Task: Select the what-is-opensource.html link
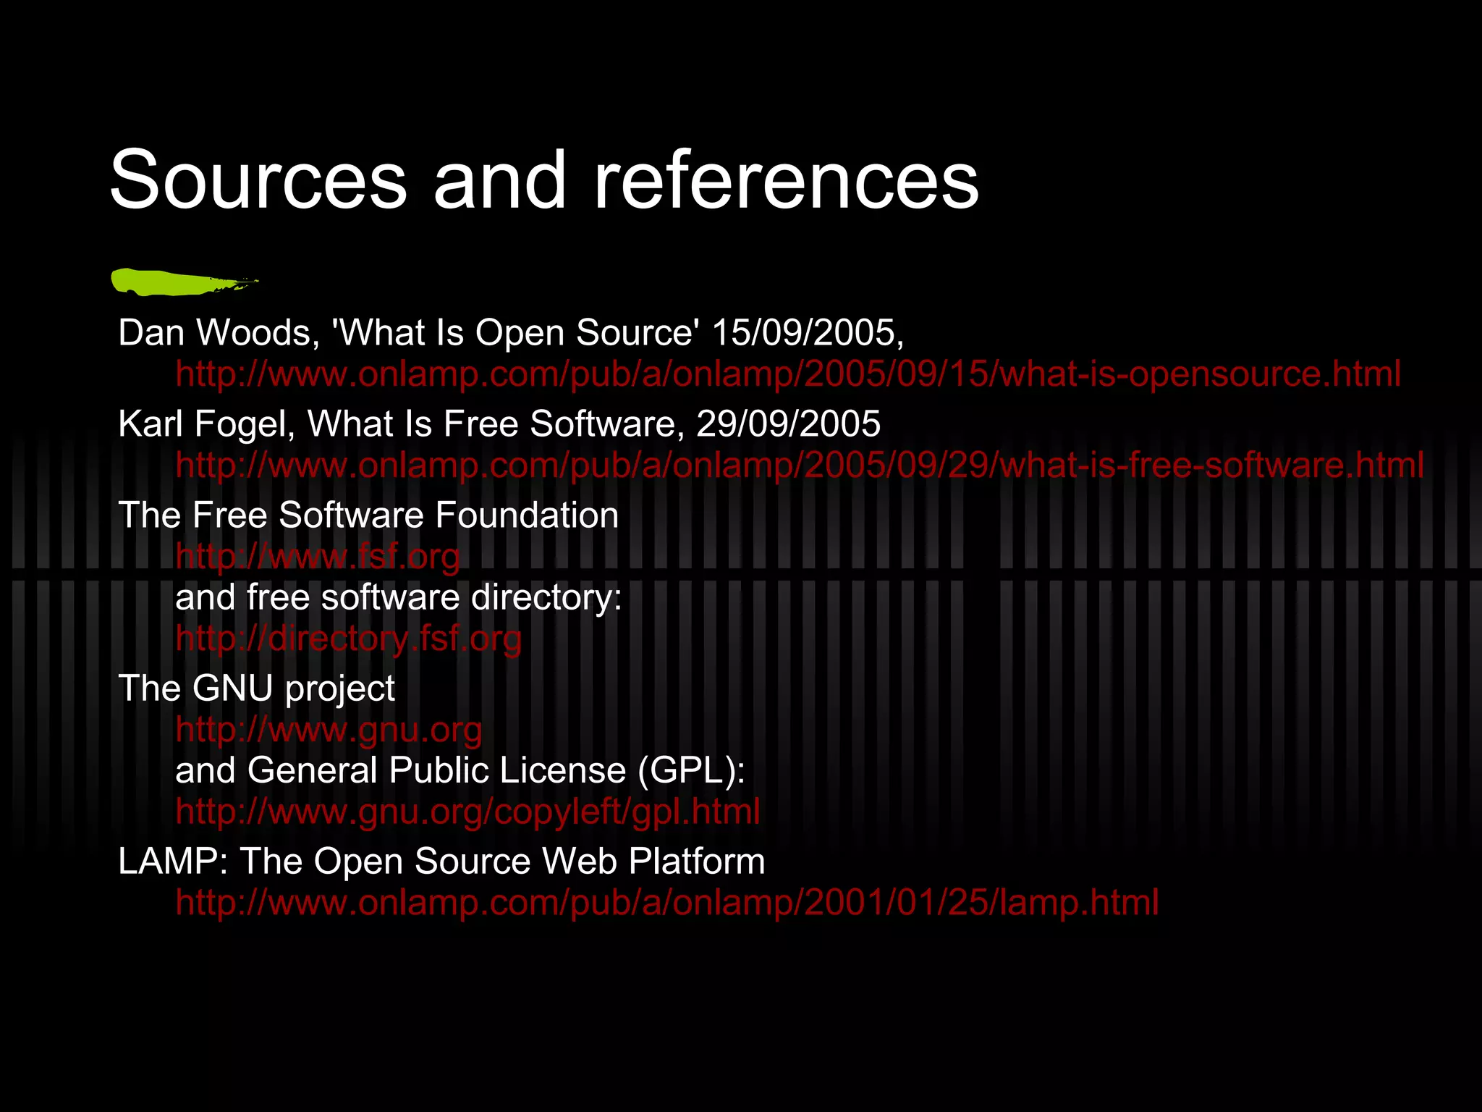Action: point(788,374)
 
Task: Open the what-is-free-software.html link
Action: point(800,465)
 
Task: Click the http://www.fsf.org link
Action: point(318,557)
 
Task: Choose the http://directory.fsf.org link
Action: point(348,639)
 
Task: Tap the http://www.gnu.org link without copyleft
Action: point(329,730)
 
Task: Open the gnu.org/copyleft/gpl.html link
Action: point(467,812)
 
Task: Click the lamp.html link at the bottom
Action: point(666,903)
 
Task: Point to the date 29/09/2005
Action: point(788,424)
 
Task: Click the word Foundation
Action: point(527,515)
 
